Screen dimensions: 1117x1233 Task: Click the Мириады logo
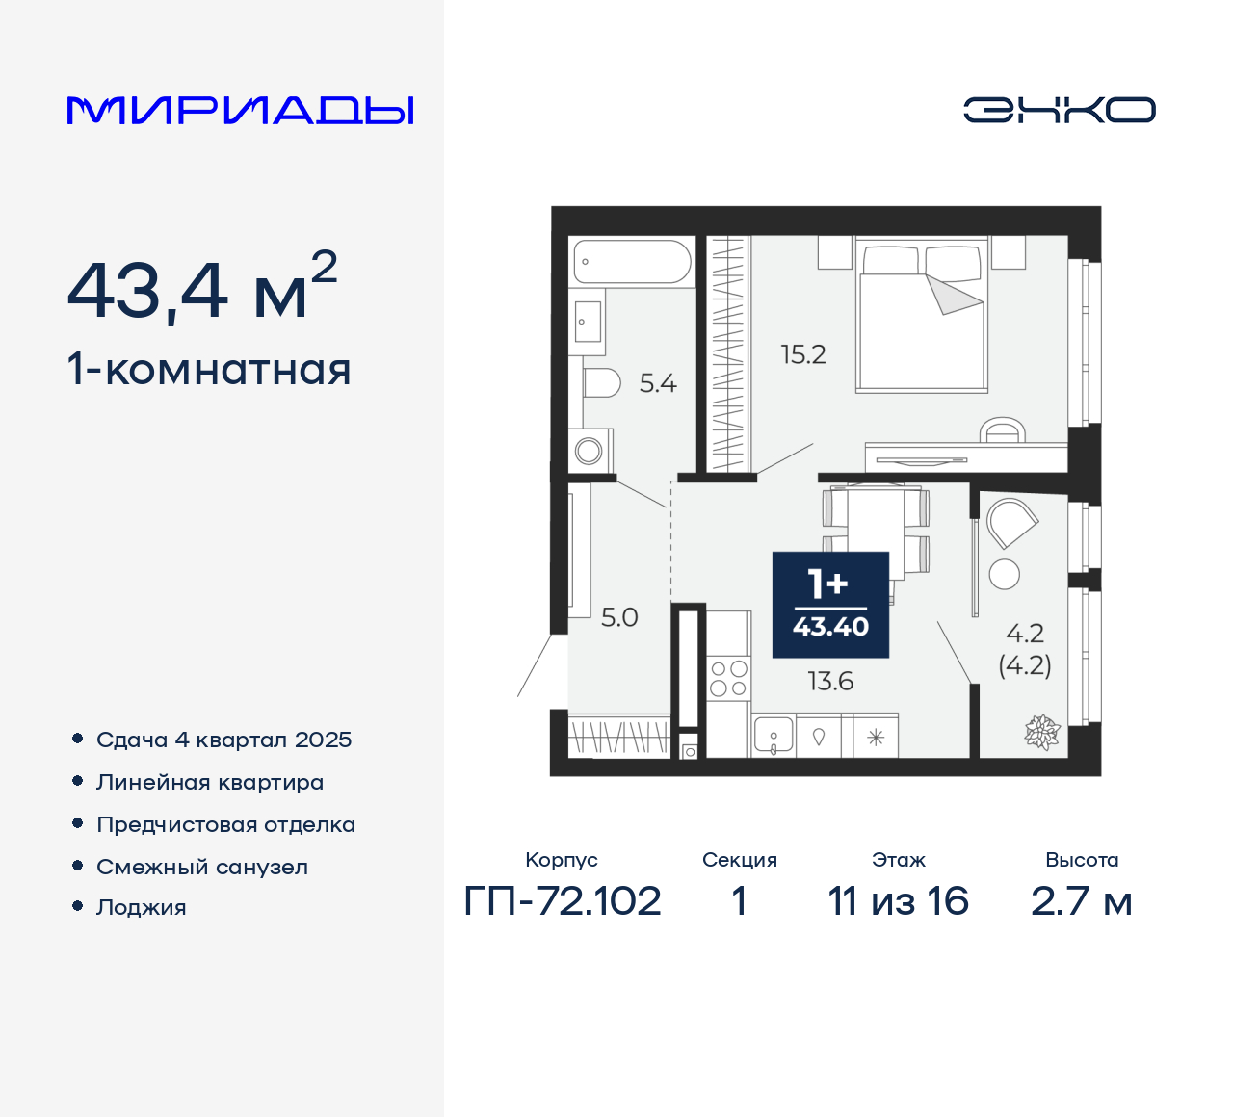(241, 111)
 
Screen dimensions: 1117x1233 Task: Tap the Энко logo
(1059, 110)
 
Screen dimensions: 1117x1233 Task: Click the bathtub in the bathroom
(632, 261)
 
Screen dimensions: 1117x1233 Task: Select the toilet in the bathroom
(602, 383)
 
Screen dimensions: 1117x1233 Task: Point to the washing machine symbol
(589, 450)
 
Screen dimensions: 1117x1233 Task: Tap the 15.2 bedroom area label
(803, 354)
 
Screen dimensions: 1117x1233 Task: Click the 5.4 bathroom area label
(658, 383)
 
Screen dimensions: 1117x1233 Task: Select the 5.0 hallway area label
(619, 617)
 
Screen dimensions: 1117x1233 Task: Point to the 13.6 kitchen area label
(830, 682)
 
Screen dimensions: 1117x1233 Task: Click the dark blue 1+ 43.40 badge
(830, 605)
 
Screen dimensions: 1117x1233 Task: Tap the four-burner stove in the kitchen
(728, 678)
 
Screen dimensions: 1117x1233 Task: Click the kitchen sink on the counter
(774, 736)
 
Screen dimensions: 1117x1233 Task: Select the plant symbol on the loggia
(1041, 733)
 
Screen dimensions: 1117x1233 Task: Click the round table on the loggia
(1005, 574)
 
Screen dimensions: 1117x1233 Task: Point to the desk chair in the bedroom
(1003, 429)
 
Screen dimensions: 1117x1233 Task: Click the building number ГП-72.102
(563, 901)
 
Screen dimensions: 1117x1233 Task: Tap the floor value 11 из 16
(898, 901)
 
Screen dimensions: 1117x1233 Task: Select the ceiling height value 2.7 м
(1081, 901)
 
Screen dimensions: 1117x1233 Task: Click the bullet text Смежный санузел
(202, 867)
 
